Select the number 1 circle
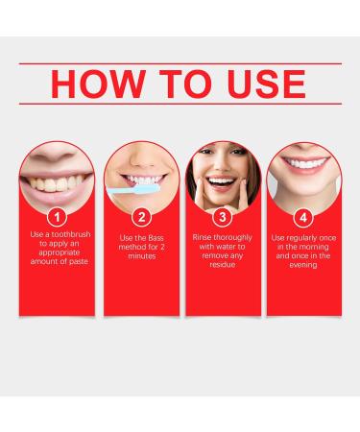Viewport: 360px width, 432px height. point(60,217)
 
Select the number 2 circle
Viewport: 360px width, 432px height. point(140,217)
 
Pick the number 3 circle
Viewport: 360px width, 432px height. point(221,217)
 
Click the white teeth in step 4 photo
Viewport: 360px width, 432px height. point(300,178)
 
